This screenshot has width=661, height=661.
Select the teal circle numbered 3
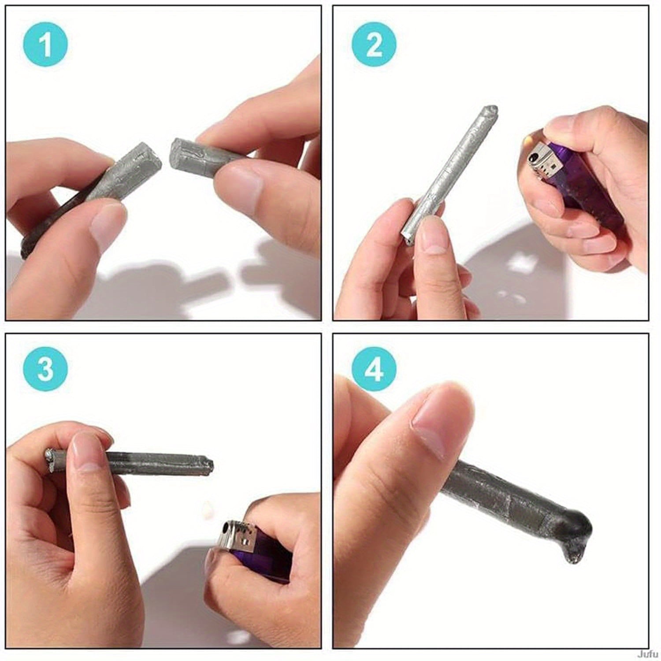point(45,369)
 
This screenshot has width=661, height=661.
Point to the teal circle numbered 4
point(374,369)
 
